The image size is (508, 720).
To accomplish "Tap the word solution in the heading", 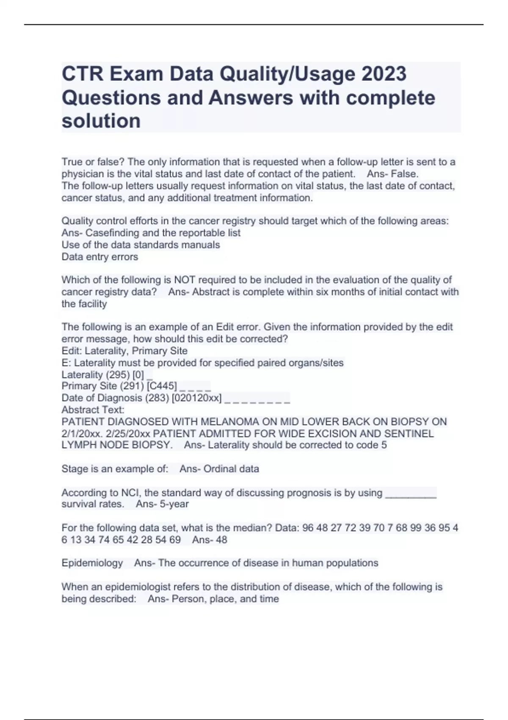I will (x=101, y=121).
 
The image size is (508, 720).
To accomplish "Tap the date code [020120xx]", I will (x=196, y=398).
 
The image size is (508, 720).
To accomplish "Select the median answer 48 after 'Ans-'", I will (x=221, y=540).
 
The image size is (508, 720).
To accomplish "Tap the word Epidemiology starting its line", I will (x=92, y=563).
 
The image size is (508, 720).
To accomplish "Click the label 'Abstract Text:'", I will (x=93, y=410).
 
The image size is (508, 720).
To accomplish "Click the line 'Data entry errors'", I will (x=99, y=257).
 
